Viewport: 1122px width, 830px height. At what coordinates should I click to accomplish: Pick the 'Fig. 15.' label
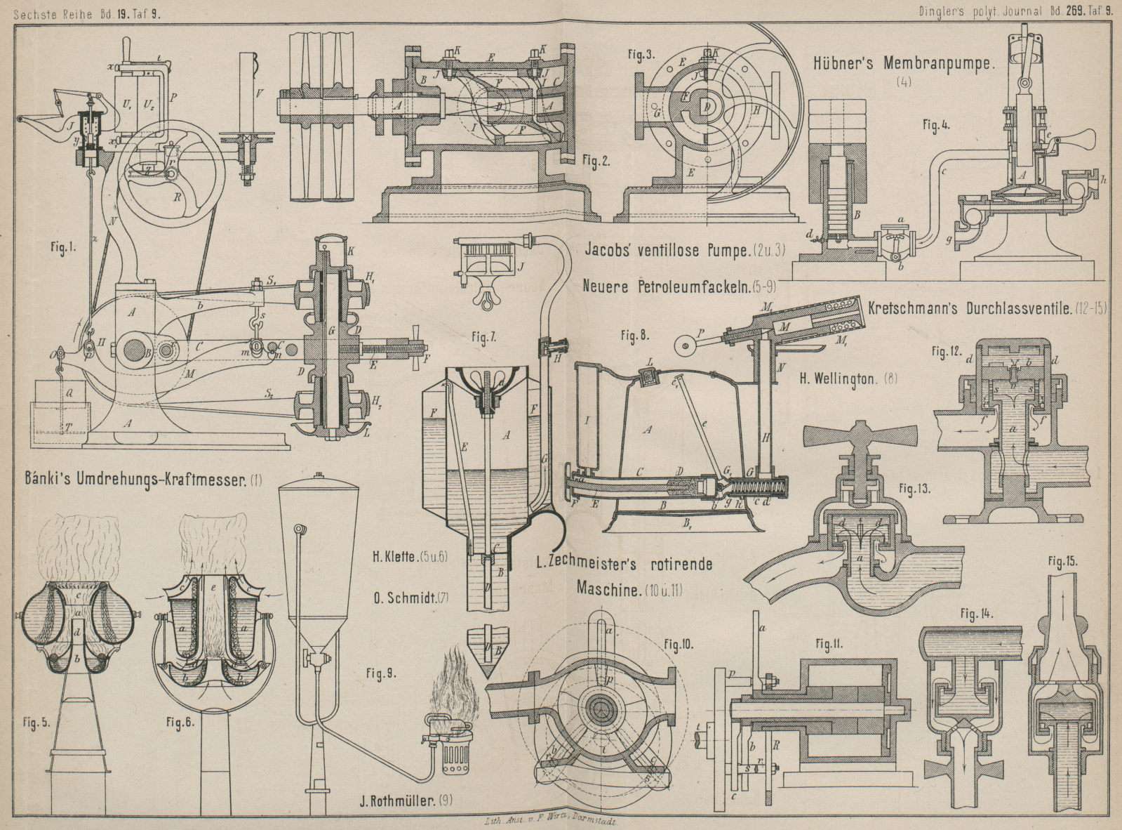[1062, 562]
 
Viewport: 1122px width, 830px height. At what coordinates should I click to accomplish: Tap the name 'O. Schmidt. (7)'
[410, 598]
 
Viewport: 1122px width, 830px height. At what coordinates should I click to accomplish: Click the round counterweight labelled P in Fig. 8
[683, 345]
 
